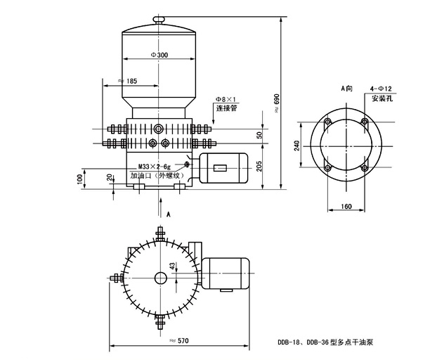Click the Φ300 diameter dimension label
pyautogui.click(x=161, y=55)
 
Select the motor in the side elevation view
pyautogui.click(x=223, y=168)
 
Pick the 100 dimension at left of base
pyautogui.click(x=79, y=179)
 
